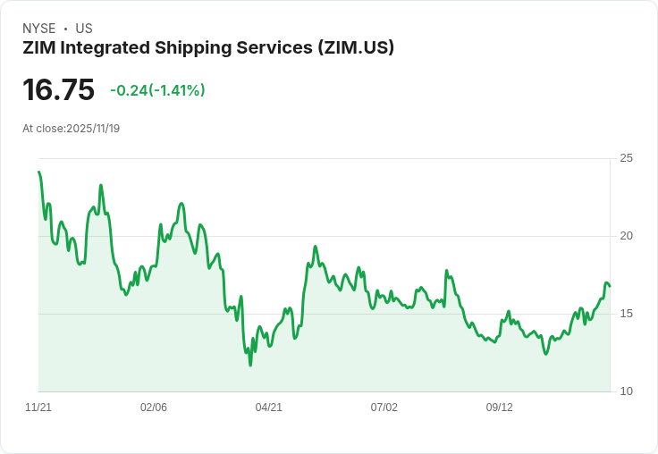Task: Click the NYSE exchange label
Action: coord(39,29)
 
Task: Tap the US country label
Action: coord(84,29)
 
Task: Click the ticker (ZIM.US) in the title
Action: coord(356,47)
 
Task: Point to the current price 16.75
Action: coord(59,89)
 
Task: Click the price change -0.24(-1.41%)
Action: coord(157,90)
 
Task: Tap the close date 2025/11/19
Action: coord(93,129)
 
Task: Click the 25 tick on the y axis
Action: coord(627,158)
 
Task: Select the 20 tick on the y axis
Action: coord(627,236)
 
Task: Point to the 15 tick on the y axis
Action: coord(627,314)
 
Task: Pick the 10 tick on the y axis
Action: coord(627,391)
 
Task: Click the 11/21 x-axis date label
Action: coord(38,408)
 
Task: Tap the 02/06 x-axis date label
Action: coord(154,408)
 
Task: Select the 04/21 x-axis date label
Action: coord(269,408)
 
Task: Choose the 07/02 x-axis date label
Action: coord(384,408)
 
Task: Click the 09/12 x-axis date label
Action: coord(500,408)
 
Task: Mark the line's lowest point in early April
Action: coord(250,365)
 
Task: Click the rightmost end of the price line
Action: coord(610,286)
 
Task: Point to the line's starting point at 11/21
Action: coord(39,172)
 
